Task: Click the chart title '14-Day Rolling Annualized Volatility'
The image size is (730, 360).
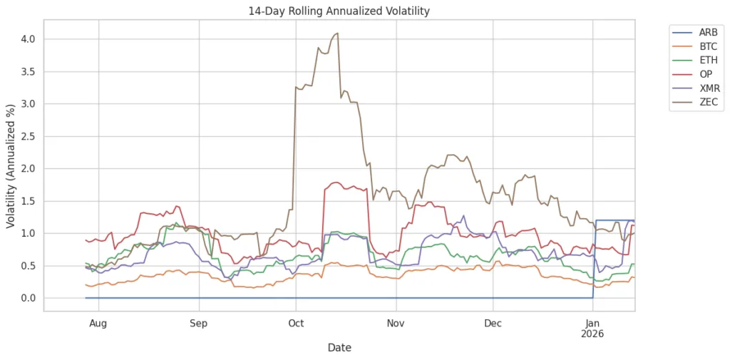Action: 339,11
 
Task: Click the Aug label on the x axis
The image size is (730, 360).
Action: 98,324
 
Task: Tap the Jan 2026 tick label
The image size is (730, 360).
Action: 592,329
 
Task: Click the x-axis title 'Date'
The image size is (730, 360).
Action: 339,348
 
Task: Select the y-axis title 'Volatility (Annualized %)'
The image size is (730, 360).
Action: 11,165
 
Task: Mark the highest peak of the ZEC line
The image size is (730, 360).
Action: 337,33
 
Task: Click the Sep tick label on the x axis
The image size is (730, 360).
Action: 198,324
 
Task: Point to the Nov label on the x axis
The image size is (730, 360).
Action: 396,324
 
